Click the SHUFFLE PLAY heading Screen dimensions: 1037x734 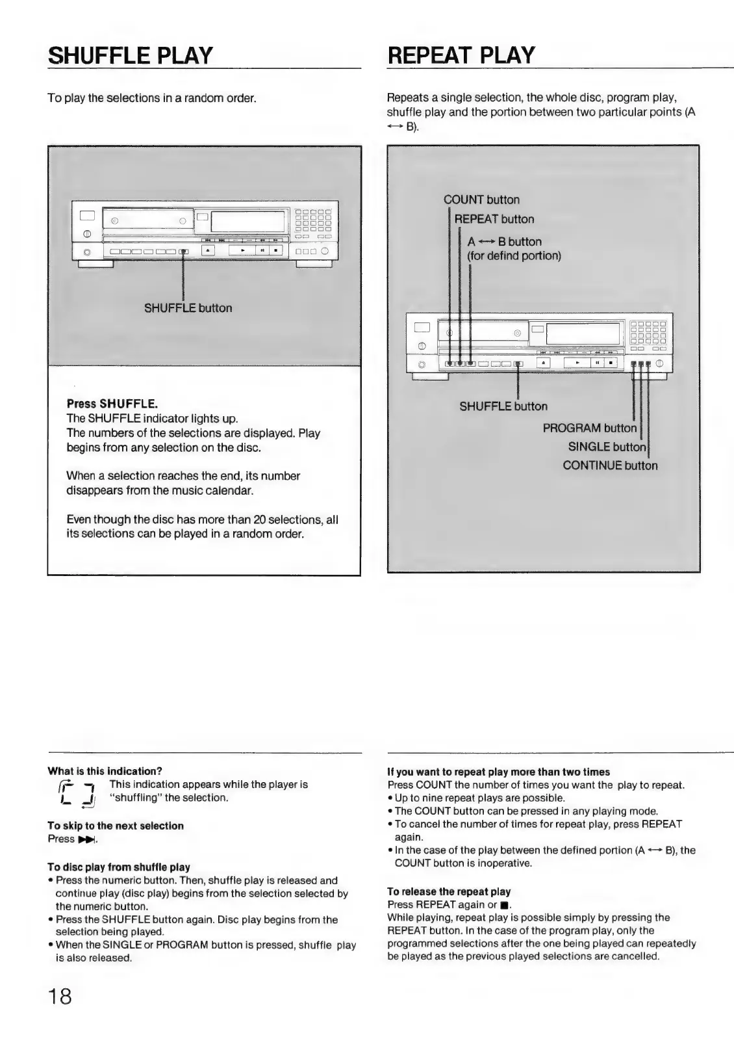click(131, 55)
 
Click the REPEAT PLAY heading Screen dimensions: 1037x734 click(461, 55)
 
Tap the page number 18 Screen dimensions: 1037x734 click(59, 997)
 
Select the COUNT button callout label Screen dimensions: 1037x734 click(481, 200)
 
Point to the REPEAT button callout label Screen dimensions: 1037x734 click(494, 219)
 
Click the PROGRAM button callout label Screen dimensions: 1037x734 click(589, 428)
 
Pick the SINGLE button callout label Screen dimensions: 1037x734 click(607, 447)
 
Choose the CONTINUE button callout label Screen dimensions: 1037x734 click(610, 466)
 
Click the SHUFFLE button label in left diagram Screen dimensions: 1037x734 click(188, 308)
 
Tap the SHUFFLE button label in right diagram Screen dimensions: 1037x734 click(503, 406)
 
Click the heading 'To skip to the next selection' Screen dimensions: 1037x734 click(116, 826)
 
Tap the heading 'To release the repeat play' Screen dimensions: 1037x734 click(449, 891)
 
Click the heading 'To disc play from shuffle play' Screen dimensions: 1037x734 click(119, 867)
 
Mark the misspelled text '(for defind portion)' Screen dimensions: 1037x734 click(514, 256)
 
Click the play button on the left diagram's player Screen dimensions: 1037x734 click(242, 250)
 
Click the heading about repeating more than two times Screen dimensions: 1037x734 click(498, 772)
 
